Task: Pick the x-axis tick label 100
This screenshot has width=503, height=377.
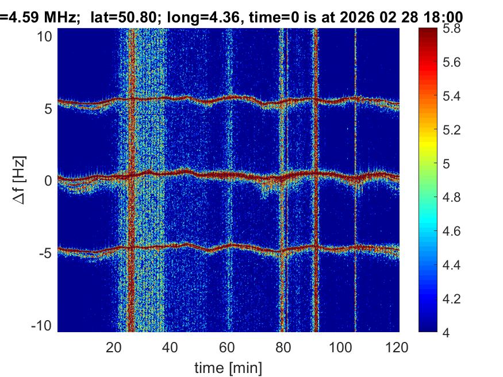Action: [341, 347]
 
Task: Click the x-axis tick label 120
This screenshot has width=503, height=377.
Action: [397, 347]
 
